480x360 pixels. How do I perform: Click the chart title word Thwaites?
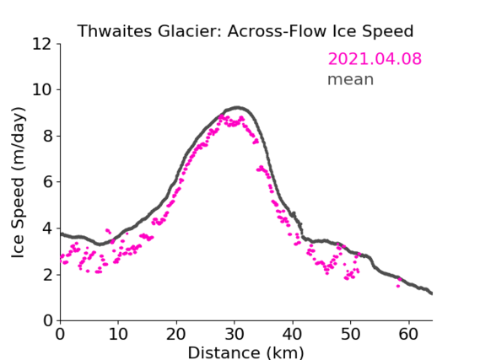pos(114,31)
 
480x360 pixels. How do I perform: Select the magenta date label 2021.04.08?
pos(375,59)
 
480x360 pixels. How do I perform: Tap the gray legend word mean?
pos(351,79)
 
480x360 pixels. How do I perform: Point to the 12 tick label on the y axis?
pos(41,44)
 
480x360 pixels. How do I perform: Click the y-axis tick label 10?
pos(41,90)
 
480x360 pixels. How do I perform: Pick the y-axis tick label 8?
pos(47,136)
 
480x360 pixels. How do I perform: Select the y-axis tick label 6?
pos(47,182)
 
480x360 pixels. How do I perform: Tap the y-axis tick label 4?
pos(47,228)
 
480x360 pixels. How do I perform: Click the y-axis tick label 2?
pos(47,275)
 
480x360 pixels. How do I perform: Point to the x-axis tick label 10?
pos(118,334)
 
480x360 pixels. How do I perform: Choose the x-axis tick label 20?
pos(176,334)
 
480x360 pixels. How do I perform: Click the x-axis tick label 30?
pos(235,334)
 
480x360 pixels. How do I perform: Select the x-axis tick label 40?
pos(293,334)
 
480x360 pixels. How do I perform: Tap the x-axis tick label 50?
pos(351,334)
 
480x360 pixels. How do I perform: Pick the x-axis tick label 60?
pos(408,334)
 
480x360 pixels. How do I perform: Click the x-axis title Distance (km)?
pos(245,352)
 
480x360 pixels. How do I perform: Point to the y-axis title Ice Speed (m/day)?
pos(18,183)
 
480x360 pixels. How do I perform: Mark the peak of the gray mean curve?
pos(237,108)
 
